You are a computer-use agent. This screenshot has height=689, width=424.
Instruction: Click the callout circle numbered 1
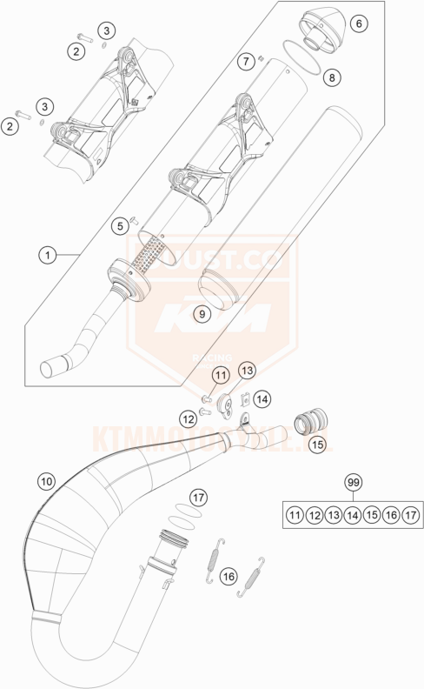point(46,256)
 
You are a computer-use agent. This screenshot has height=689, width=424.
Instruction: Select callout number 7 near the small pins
point(248,61)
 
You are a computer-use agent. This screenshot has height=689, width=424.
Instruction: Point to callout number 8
point(330,78)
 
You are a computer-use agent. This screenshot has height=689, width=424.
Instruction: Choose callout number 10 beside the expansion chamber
point(46,480)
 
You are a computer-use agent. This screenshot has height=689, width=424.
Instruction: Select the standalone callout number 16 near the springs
point(229,577)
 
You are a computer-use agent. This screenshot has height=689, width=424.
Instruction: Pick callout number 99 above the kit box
point(352,482)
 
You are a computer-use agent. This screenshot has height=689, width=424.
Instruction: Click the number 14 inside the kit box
point(352,516)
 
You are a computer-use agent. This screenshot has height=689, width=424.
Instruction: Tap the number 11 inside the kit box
point(295,516)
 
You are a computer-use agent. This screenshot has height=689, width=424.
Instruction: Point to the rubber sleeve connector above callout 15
point(308,423)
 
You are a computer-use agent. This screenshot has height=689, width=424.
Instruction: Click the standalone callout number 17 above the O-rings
point(199,498)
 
